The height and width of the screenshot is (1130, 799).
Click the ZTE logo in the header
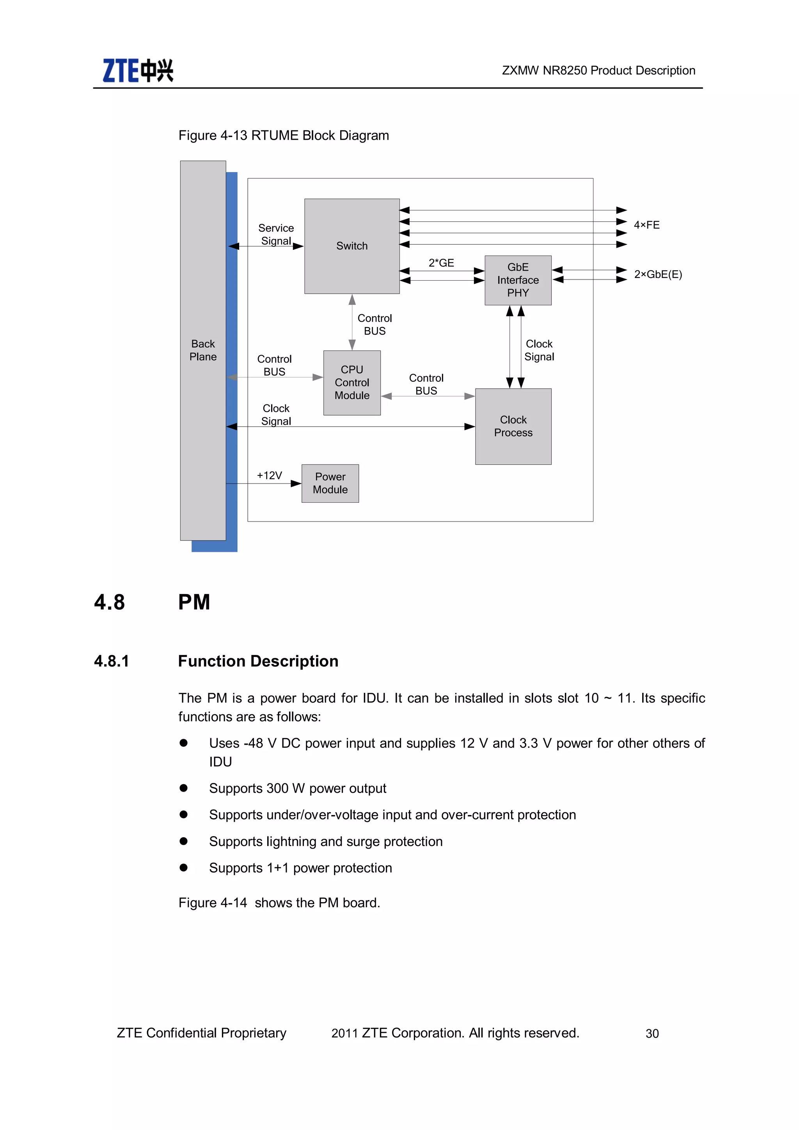click(138, 70)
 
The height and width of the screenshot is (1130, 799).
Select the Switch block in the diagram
click(352, 246)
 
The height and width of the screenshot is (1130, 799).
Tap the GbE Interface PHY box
click(518, 280)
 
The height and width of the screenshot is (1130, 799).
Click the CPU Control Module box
click(352, 383)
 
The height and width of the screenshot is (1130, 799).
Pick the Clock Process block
click(513, 426)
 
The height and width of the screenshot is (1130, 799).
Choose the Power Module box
click(330, 483)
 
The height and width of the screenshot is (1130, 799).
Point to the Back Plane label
click(203, 350)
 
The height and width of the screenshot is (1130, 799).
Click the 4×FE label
click(646, 225)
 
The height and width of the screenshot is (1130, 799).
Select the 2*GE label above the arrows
click(441, 263)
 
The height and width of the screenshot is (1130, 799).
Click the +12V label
click(269, 475)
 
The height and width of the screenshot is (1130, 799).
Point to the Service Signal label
click(276, 234)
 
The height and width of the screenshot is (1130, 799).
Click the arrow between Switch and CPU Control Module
click(352, 322)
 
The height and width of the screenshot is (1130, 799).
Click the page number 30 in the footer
click(652, 1033)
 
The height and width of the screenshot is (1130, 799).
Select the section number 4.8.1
click(112, 661)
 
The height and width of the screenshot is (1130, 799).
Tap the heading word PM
click(194, 602)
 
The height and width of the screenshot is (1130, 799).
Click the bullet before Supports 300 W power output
click(183, 788)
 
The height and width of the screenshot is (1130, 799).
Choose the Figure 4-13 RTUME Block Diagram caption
click(283, 135)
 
